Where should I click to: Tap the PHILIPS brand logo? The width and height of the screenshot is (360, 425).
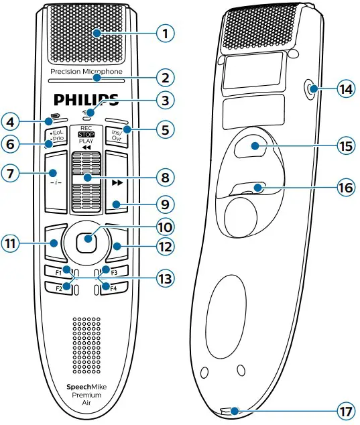[86, 101]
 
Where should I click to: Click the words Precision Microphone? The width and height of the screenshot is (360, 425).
[86, 70]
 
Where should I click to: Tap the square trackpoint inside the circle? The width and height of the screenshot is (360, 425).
[86, 241]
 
